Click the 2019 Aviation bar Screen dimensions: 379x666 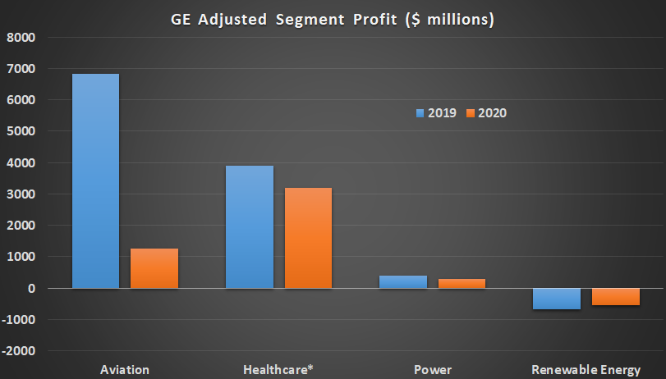95,181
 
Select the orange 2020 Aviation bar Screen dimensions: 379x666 154,268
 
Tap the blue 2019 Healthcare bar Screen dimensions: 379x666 249,227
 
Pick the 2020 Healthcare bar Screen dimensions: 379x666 308,238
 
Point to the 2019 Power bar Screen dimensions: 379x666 402,282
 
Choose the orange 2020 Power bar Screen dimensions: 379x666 461,284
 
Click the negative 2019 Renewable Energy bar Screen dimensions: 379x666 556,299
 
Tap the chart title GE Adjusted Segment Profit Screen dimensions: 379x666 333,19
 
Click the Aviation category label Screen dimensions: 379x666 124,370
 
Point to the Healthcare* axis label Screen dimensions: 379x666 278,370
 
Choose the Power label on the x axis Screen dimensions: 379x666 432,370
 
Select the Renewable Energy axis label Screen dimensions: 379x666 586,370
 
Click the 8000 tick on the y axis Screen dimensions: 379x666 21,38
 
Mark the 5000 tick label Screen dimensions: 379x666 21,131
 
